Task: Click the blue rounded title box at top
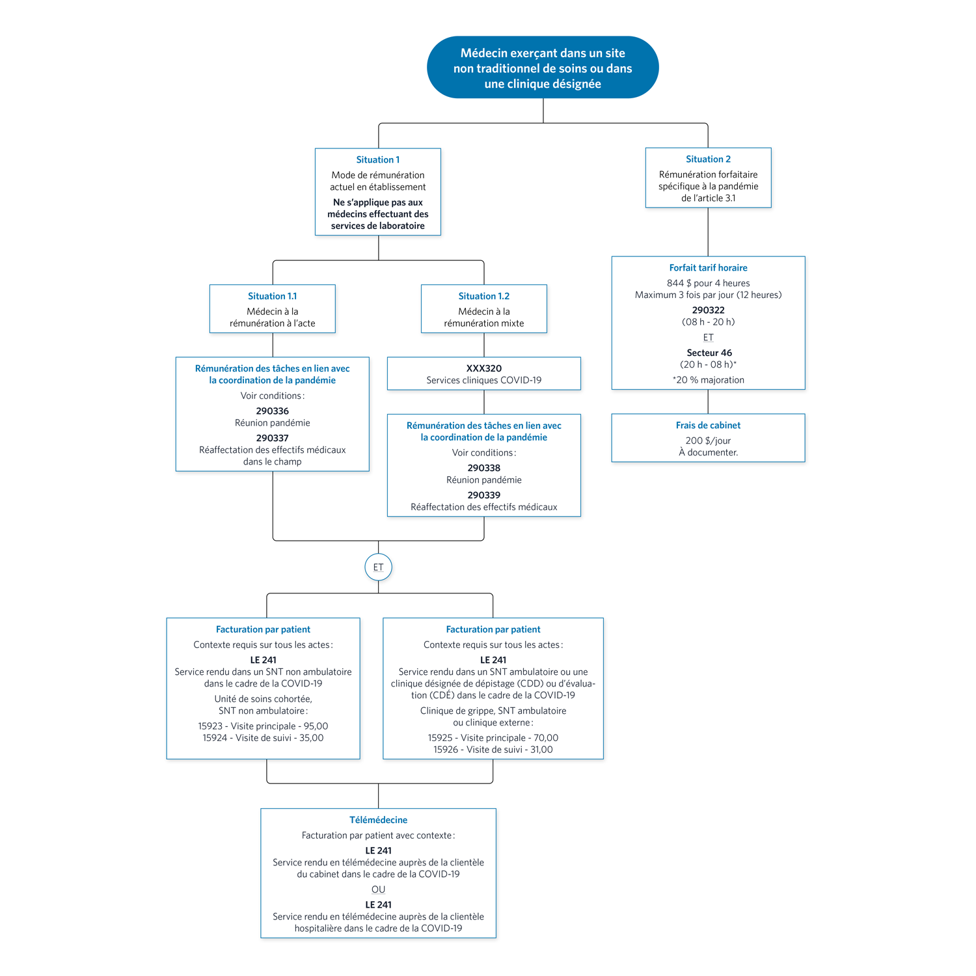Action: tap(543, 68)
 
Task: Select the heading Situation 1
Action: tap(378, 160)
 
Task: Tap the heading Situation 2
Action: tap(708, 159)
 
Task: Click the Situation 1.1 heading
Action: tap(273, 296)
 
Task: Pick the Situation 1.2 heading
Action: tap(484, 296)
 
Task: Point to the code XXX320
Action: tap(484, 368)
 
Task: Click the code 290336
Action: tap(273, 411)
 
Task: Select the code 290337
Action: tap(273, 439)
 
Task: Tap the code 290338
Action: tap(484, 468)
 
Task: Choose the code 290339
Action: tap(484, 495)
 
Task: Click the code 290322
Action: tap(709, 310)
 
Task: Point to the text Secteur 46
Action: tap(709, 353)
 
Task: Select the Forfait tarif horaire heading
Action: tap(709, 268)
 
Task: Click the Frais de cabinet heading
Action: tap(709, 426)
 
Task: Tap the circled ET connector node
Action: tap(379, 567)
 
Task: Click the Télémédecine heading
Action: tap(379, 820)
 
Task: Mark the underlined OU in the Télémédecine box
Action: tap(379, 889)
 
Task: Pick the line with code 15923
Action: tap(264, 726)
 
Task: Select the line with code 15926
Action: tap(493, 750)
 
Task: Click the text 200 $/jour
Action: tap(709, 441)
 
